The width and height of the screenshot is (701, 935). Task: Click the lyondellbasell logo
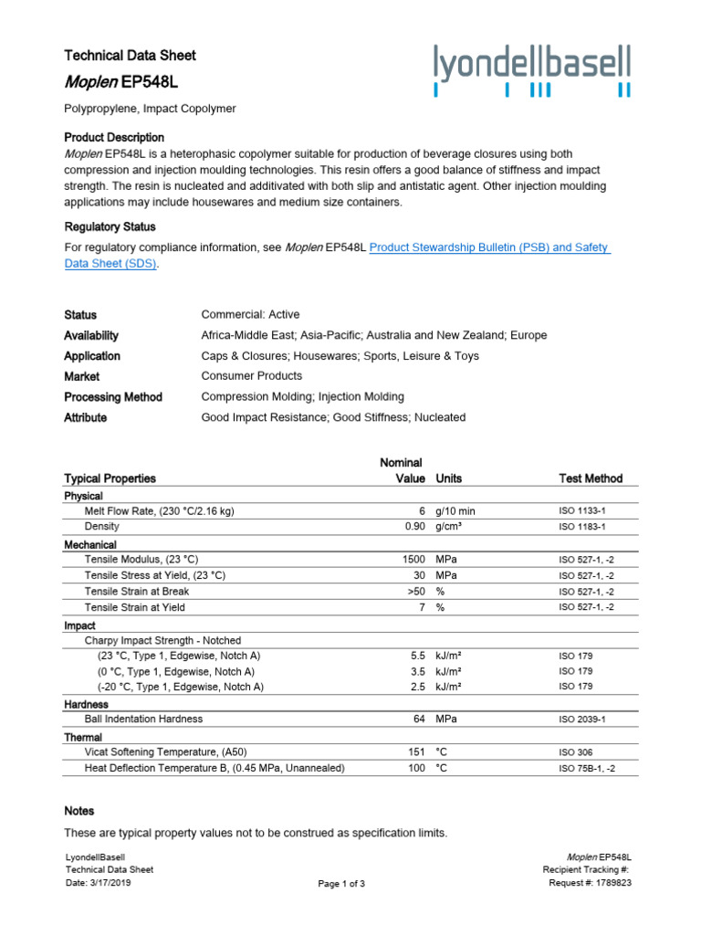pyautogui.click(x=532, y=71)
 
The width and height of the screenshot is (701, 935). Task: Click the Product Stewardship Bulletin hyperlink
pyautogui.click(x=489, y=247)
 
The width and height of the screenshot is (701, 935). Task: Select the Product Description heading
pyautogui.click(x=114, y=137)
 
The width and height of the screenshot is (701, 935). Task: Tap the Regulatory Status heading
pyautogui.click(x=110, y=226)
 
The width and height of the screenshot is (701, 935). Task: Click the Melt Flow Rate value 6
pyautogui.click(x=423, y=511)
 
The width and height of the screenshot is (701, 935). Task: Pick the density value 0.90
pyautogui.click(x=415, y=527)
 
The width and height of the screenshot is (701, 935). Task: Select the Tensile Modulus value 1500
pyautogui.click(x=413, y=559)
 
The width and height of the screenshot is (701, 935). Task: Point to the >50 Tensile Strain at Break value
pyautogui.click(x=416, y=591)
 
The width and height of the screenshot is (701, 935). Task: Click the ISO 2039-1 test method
pyautogui.click(x=581, y=720)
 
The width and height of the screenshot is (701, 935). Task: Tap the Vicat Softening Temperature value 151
pyautogui.click(x=417, y=751)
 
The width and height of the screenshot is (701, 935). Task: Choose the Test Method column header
pyautogui.click(x=591, y=478)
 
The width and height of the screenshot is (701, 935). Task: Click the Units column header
pyautogui.click(x=449, y=478)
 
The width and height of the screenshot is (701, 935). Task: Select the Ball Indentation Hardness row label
pyautogui.click(x=143, y=719)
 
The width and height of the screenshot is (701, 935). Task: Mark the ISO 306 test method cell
pyautogui.click(x=575, y=752)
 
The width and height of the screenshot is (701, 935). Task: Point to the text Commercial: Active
pyautogui.click(x=250, y=314)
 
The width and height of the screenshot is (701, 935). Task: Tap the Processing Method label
pyautogui.click(x=113, y=397)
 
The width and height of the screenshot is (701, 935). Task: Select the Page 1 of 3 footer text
pyautogui.click(x=341, y=884)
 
